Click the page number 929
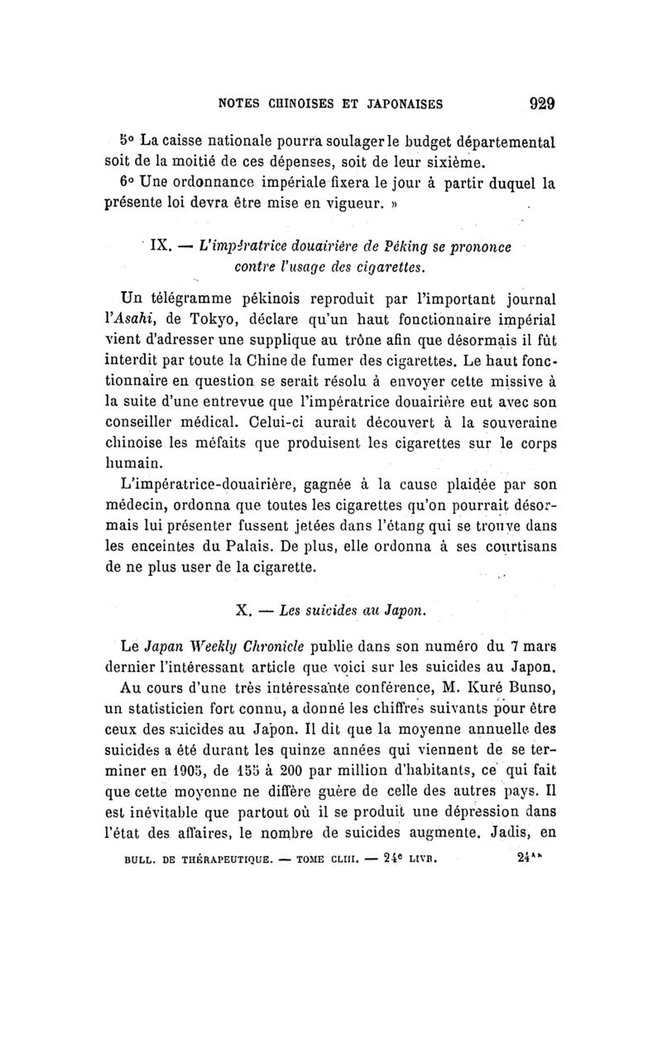tap(538, 104)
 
